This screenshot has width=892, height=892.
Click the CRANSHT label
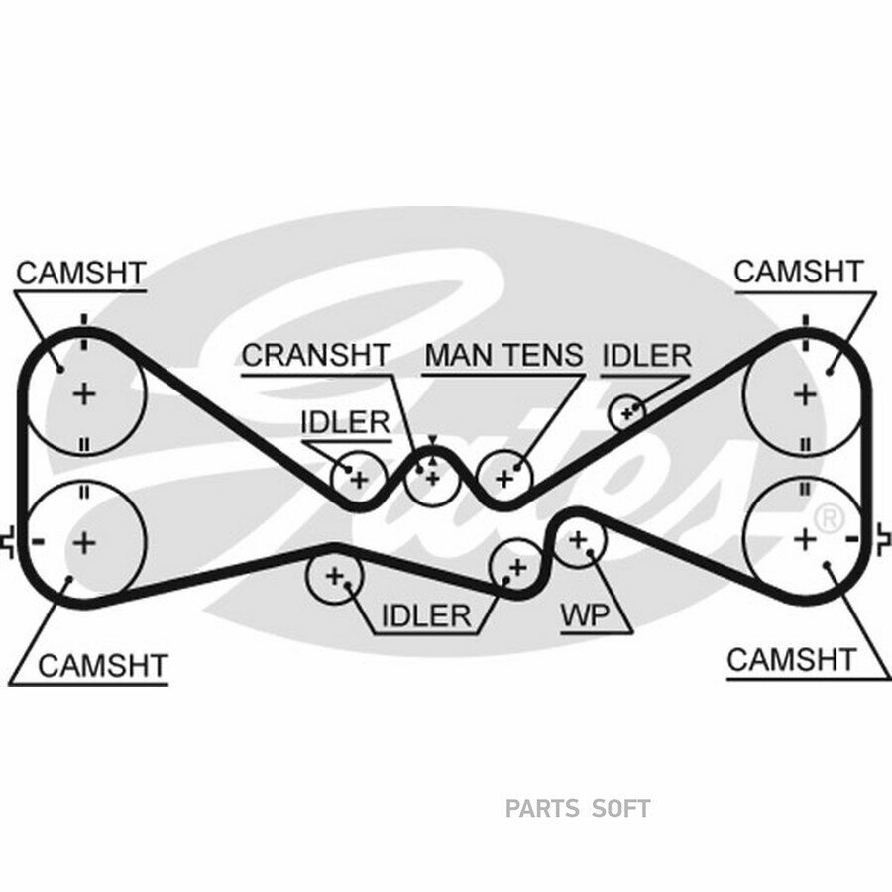click(316, 355)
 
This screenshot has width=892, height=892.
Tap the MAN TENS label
click(504, 355)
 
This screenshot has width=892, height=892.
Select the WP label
click(585, 614)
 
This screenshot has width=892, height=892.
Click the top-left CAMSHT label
click(81, 274)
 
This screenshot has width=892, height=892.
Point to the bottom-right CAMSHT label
click(791, 660)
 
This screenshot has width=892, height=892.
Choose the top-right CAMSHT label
click(799, 272)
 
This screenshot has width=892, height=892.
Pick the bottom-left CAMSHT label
click(103, 666)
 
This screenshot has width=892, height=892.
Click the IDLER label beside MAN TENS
click(647, 356)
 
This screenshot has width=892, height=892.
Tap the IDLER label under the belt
click(426, 615)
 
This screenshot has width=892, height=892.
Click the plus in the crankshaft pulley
click(433, 479)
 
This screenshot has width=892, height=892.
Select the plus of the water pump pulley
click(578, 539)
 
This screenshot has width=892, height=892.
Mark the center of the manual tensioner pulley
click(504, 479)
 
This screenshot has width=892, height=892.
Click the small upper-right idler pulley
click(627, 413)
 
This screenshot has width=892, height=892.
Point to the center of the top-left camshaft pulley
click(85, 393)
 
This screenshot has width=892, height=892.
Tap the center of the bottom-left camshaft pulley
click(85, 543)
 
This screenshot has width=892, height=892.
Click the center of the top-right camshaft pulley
click(805, 394)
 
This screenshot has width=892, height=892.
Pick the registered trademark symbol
click(830, 518)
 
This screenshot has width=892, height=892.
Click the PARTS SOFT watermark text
click(578, 809)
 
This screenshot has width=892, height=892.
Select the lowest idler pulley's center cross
click(335, 576)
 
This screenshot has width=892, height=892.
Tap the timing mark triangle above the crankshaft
click(433, 440)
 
